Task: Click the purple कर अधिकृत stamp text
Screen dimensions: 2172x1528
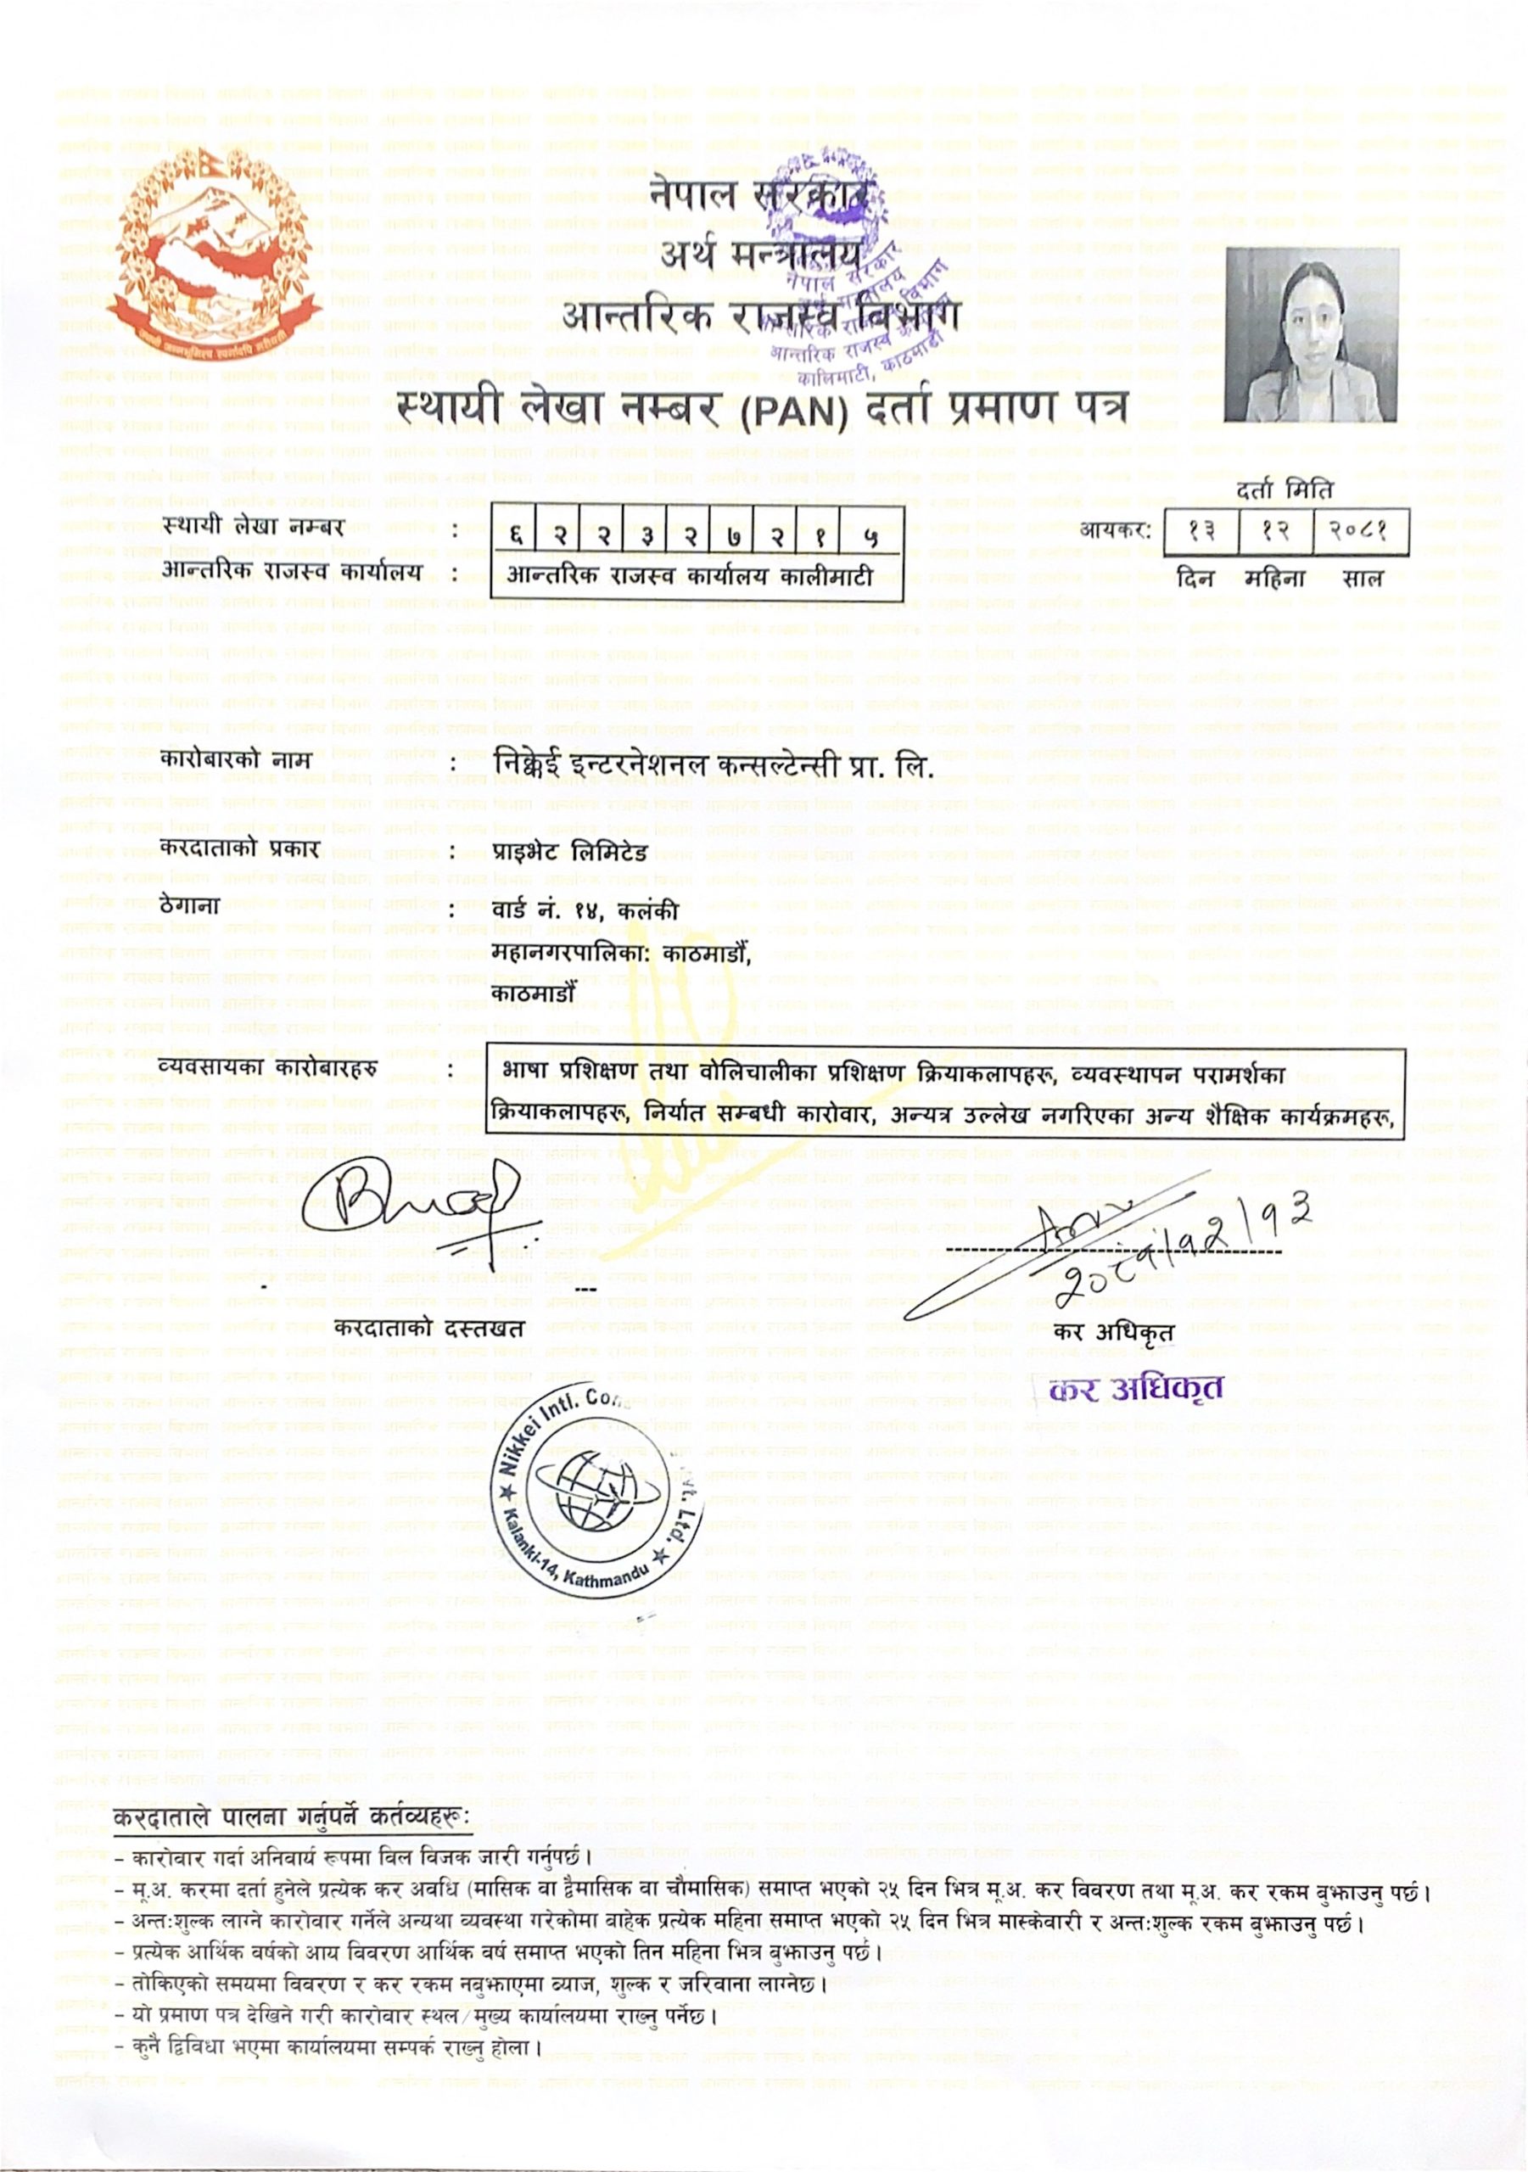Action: tap(1136, 1389)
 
